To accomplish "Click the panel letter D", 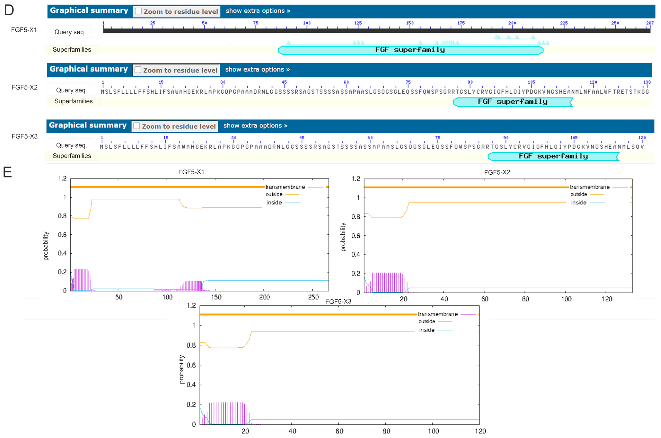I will point(9,10).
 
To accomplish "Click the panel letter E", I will point(7,172).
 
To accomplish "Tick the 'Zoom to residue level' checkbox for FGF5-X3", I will point(136,126).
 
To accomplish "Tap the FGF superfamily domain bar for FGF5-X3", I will point(553,156).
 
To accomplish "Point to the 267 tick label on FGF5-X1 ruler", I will point(650,23).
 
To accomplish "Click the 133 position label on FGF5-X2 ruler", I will point(647,82).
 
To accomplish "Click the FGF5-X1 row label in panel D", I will point(24,30).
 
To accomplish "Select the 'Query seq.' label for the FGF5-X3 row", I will point(71,145).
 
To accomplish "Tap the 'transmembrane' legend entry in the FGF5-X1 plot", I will point(285,187).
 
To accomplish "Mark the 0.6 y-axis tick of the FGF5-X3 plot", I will point(191,365).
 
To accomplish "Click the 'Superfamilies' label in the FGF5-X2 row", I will point(73,101).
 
